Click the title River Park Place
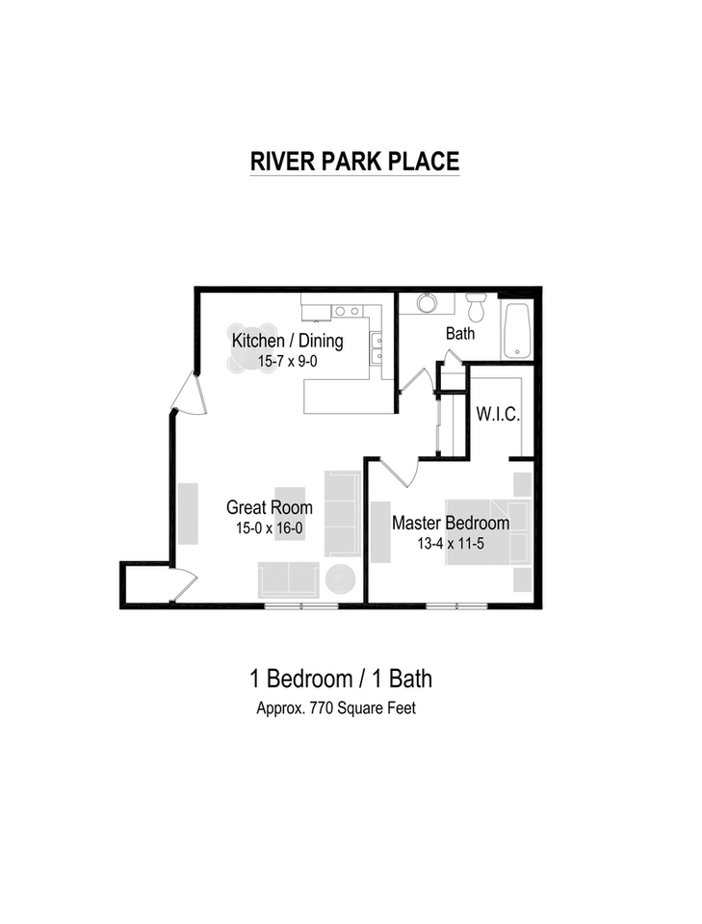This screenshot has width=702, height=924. click(354, 161)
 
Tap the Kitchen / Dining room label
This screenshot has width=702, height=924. click(287, 341)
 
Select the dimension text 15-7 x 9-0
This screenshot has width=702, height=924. click(287, 362)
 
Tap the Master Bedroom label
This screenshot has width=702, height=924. click(450, 524)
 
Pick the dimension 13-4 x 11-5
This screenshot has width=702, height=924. click(450, 545)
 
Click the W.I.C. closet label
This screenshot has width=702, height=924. click(498, 416)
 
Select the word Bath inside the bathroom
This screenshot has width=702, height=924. click(460, 334)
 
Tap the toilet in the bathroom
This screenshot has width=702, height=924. click(476, 308)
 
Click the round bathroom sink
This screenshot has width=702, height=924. click(427, 303)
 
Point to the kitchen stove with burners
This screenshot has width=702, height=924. click(347, 311)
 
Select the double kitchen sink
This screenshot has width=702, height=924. click(377, 348)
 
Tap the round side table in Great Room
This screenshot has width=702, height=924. click(339, 579)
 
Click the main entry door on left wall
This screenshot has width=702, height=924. click(186, 396)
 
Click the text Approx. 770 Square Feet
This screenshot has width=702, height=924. click(335, 708)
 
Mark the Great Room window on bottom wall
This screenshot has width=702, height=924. click(301, 605)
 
